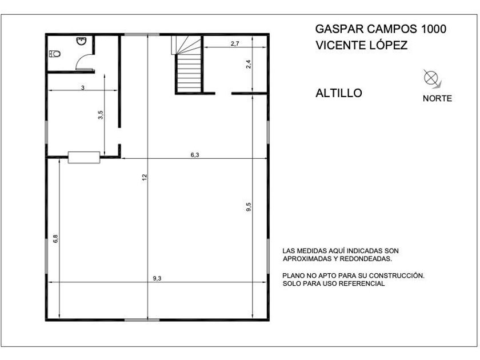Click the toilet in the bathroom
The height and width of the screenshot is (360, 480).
coord(54,54)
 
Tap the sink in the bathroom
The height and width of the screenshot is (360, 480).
coord(81,41)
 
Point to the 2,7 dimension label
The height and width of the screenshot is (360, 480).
coord(235,43)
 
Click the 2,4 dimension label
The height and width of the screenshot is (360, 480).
coord(248,64)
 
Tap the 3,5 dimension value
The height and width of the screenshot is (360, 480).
coord(101,115)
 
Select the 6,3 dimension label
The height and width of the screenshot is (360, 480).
coord(195,155)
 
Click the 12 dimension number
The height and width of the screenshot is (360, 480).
coord(145,177)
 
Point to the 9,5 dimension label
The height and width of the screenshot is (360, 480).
coord(248,207)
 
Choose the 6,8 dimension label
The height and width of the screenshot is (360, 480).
coord(55,239)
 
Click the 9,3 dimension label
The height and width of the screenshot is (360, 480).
coord(157,278)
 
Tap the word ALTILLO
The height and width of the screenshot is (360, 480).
coord(339,93)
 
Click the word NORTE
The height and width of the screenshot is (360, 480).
coord(438,98)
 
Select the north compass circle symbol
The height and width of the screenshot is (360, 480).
coord(431,77)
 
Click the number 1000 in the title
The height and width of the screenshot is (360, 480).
coord(434,29)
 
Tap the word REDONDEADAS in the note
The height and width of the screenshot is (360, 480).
coord(366,259)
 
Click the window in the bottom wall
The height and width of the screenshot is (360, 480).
coord(142,320)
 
